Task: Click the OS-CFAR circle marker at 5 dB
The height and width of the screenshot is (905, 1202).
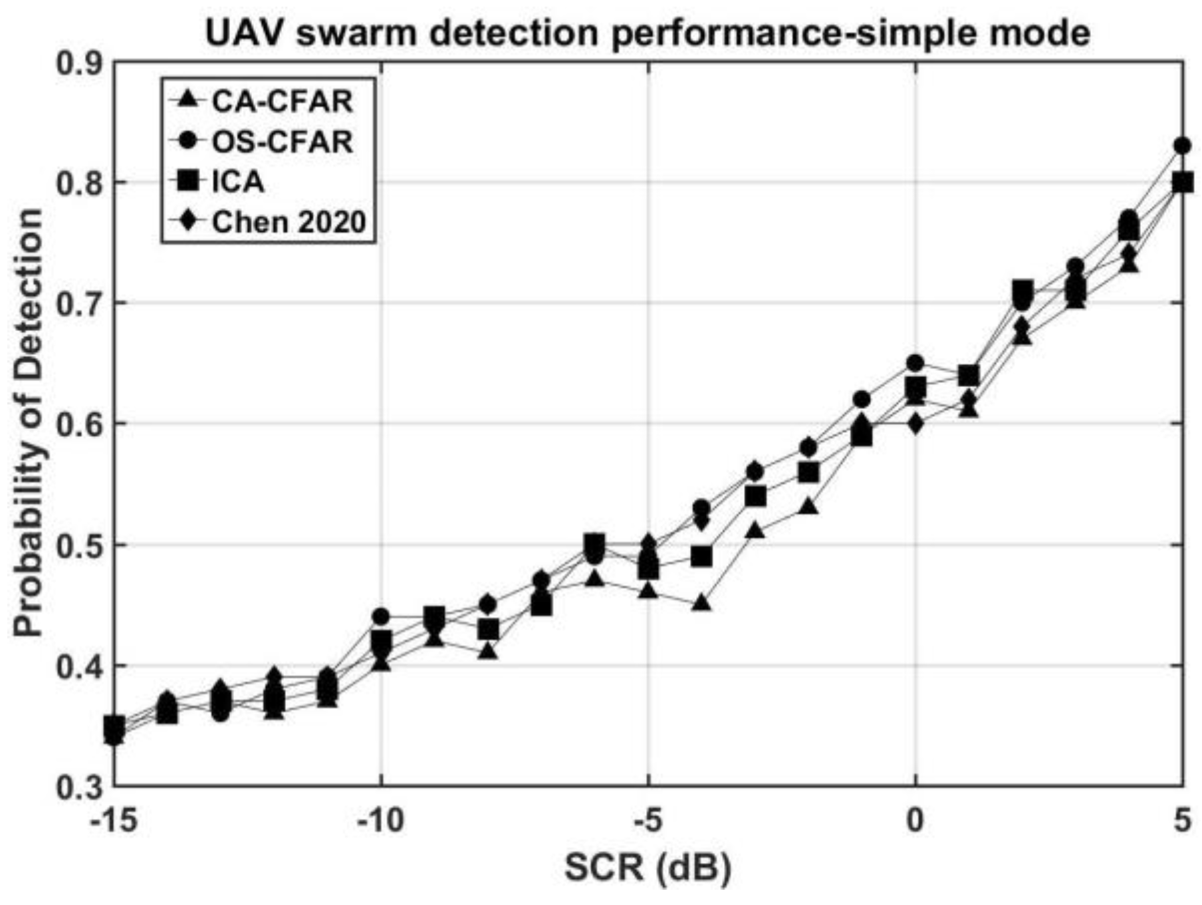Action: (x=1181, y=146)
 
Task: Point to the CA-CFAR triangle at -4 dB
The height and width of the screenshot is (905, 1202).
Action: (x=701, y=604)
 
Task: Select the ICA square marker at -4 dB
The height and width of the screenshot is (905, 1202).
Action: (x=701, y=556)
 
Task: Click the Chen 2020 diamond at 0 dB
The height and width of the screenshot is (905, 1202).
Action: (x=915, y=424)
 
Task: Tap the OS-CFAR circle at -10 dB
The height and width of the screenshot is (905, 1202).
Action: (x=381, y=616)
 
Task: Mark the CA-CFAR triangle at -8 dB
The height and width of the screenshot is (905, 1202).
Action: (x=488, y=652)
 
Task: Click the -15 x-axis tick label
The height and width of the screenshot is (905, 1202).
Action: (x=115, y=821)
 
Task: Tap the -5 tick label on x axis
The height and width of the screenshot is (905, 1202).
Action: (x=648, y=821)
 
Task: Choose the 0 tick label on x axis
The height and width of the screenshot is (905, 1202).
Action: (x=915, y=821)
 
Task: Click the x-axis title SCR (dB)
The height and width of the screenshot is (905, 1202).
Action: (x=648, y=868)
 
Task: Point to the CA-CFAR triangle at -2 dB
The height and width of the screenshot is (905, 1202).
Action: (x=808, y=507)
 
